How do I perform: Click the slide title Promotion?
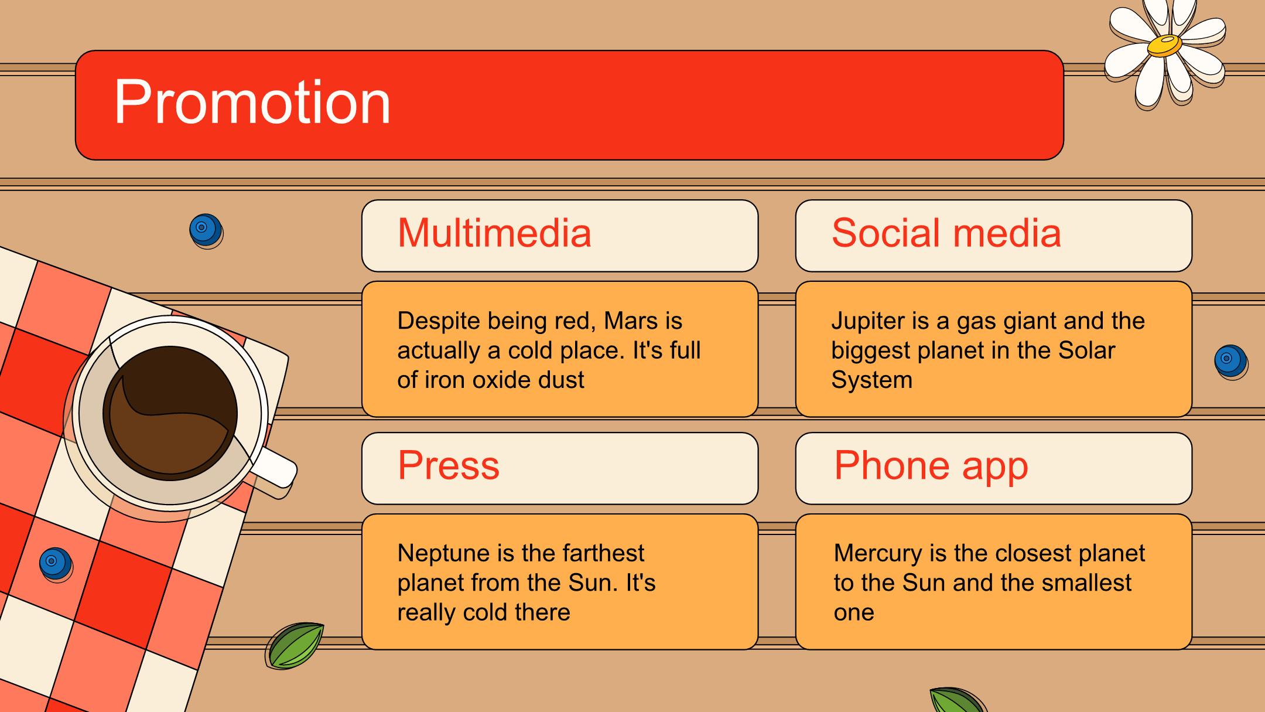click(252, 103)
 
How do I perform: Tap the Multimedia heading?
click(494, 233)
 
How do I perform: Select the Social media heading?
click(946, 233)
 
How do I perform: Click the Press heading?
click(449, 465)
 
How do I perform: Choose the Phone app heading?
click(931, 466)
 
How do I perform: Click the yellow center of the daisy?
click(1164, 46)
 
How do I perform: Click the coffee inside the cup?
click(170, 413)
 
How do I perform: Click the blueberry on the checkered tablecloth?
click(56, 563)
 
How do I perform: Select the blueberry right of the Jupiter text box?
click(1230, 361)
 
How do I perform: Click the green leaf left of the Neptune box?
click(295, 645)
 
